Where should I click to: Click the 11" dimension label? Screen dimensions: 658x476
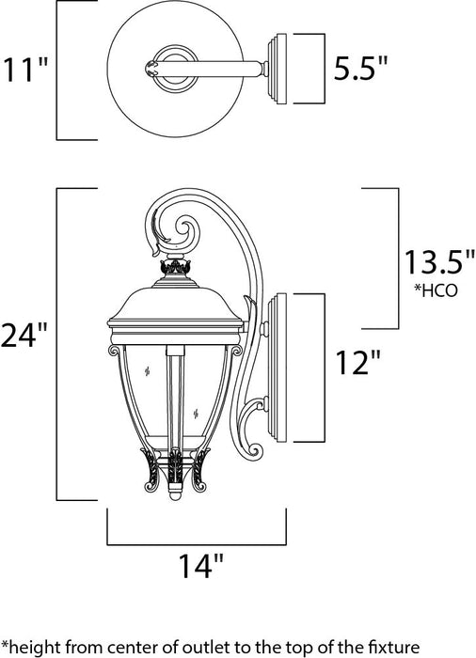pos(26,70)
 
